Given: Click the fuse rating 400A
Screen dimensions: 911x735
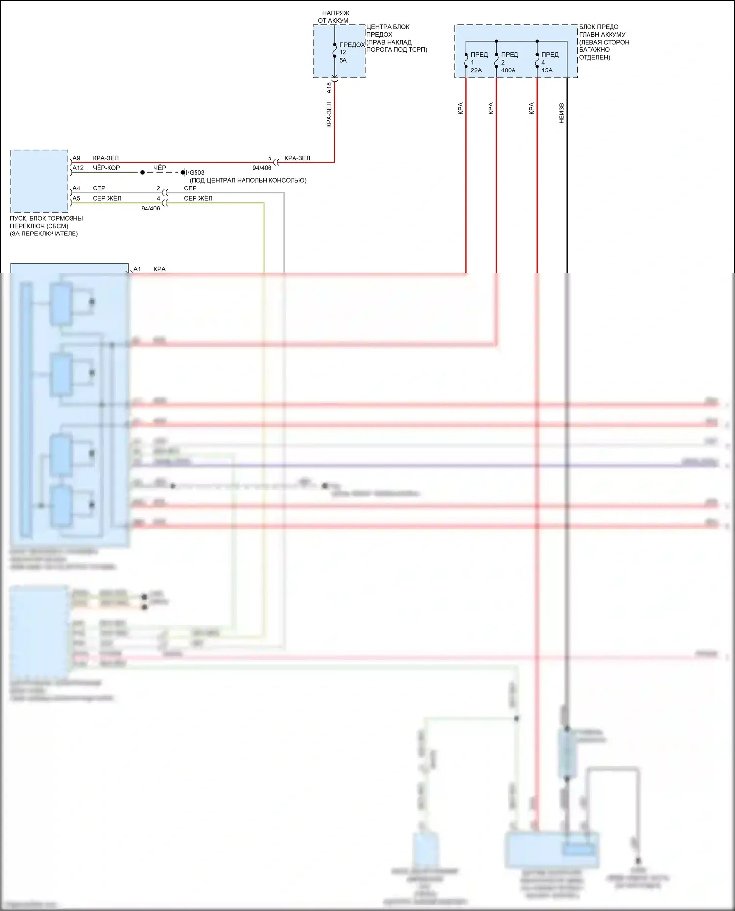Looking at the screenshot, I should pyautogui.click(x=508, y=70).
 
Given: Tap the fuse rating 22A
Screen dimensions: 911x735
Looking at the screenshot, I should pyautogui.click(x=476, y=70).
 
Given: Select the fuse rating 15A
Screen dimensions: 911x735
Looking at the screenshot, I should pyautogui.click(x=547, y=70).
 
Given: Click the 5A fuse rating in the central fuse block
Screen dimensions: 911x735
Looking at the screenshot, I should pyautogui.click(x=343, y=61).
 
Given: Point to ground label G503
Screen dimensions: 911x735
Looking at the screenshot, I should pyautogui.click(x=197, y=173).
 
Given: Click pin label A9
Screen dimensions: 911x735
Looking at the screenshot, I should pyautogui.click(x=76, y=158).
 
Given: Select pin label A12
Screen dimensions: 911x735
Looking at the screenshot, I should pyautogui.click(x=78, y=168).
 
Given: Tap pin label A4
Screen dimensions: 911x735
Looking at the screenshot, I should pyautogui.click(x=76, y=188).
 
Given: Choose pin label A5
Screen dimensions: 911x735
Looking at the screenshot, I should pyautogui.click(x=76, y=199).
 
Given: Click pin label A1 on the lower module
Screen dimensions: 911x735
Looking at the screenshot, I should pyautogui.click(x=137, y=269).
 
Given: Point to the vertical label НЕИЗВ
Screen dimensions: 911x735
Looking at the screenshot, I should pyautogui.click(x=562, y=113).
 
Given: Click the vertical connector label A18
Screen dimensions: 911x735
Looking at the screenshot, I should pyautogui.click(x=329, y=88).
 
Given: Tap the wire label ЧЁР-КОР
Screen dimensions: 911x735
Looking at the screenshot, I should pyautogui.click(x=106, y=168).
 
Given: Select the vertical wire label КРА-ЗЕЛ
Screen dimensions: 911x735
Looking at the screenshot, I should pyautogui.click(x=329, y=115).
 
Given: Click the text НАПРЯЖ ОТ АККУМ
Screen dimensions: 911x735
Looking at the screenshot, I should pyautogui.click(x=335, y=17).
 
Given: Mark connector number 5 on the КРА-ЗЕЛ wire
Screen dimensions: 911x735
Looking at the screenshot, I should pyautogui.click(x=269, y=158).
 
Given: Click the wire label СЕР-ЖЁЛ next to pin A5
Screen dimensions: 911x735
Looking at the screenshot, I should pyautogui.click(x=107, y=199).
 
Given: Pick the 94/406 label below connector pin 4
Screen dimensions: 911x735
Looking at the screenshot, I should pyautogui.click(x=150, y=209).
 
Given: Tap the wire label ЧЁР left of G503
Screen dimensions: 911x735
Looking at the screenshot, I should pyautogui.click(x=160, y=168).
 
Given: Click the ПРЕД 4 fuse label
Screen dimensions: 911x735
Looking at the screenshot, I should pyautogui.click(x=549, y=58).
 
